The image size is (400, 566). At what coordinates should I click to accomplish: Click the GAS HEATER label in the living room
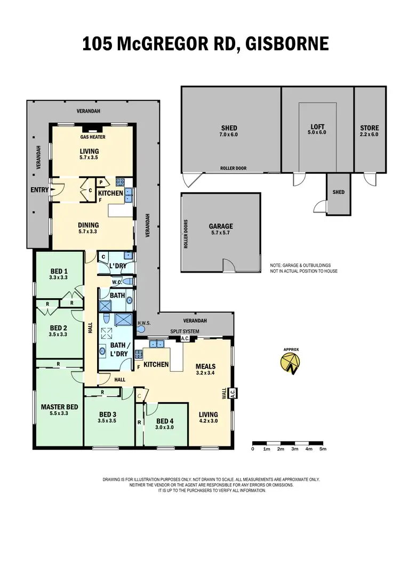(x=93, y=137)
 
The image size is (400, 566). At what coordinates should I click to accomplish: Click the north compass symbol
(x=291, y=364)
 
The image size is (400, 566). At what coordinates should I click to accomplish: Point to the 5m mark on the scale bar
(x=323, y=449)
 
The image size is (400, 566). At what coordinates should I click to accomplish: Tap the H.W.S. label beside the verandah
(x=144, y=323)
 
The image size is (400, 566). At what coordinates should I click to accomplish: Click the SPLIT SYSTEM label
(x=185, y=331)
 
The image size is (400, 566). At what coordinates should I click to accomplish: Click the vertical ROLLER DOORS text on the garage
(x=186, y=234)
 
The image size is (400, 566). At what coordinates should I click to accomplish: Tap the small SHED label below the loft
(x=339, y=192)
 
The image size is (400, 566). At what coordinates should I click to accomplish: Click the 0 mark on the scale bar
(x=253, y=449)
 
